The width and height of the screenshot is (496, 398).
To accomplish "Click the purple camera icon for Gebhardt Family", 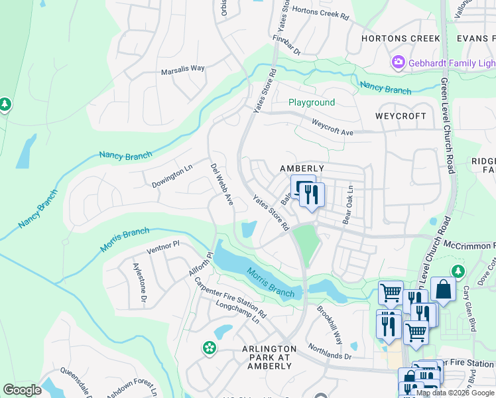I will tap(399, 62).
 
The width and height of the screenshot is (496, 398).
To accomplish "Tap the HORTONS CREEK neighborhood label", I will tap(401, 38).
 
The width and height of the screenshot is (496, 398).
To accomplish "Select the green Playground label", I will tap(311, 103).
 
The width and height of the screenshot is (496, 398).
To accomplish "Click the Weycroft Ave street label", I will tap(332, 128).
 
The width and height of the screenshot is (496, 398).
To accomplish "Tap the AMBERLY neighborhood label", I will tap(302, 169).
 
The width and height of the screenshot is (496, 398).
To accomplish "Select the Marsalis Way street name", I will tap(183, 69).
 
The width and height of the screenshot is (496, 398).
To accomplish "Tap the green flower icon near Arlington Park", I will tap(210, 348).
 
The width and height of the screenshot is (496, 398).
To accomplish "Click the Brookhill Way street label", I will tap(329, 324).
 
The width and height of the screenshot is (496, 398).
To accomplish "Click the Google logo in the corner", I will tap(23, 389).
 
